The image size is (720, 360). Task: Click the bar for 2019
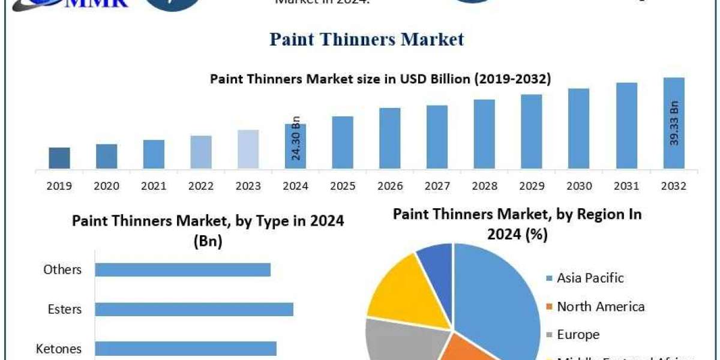[x=59, y=158]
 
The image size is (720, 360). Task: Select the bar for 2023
[x=248, y=149]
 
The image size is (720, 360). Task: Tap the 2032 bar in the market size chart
[x=674, y=123]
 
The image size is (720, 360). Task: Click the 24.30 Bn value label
[x=296, y=137]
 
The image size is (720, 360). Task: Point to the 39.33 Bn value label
[x=674, y=122]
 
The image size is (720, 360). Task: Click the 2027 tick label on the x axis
[x=437, y=186]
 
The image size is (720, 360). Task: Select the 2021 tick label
[x=154, y=186]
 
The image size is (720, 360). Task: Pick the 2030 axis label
[x=579, y=186]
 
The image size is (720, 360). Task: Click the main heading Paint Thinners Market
[x=367, y=40]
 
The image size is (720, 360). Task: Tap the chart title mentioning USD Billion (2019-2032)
[x=380, y=79]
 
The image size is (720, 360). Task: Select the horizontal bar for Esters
[x=194, y=309]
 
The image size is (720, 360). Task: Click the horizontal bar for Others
[x=182, y=269]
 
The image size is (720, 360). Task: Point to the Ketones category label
[x=59, y=349]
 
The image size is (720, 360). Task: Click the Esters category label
[x=65, y=310]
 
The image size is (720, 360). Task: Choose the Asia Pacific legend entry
[x=590, y=278]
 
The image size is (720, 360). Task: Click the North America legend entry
[x=600, y=307]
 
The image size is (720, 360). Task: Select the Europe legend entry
[x=578, y=334]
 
